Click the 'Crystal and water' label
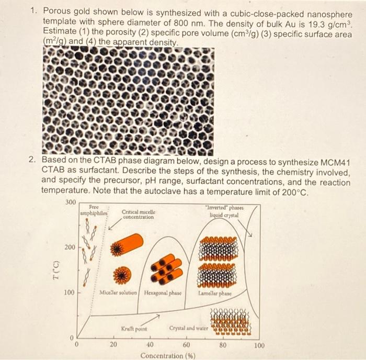[188, 328]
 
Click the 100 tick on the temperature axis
[70, 292]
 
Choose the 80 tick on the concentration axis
[222, 345]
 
